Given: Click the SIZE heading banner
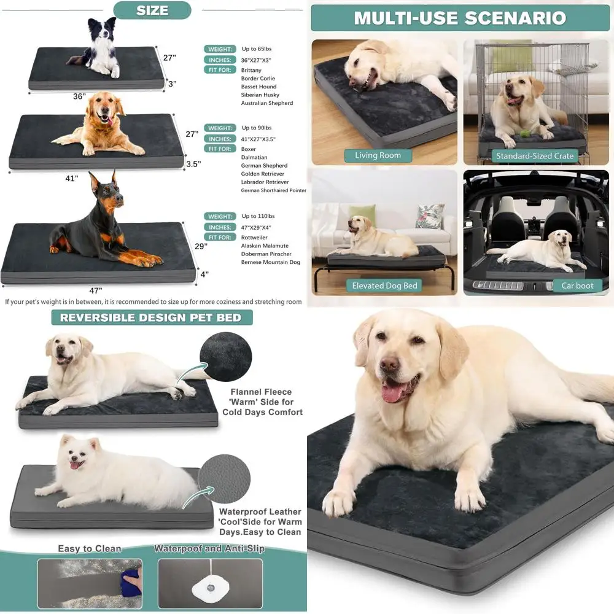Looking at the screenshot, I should click(x=152, y=10).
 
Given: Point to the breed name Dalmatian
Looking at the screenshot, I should click(x=255, y=157).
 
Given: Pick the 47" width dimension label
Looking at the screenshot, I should click(x=95, y=290).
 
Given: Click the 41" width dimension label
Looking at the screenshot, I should click(x=72, y=179).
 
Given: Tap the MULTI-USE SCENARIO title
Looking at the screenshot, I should click(x=460, y=17).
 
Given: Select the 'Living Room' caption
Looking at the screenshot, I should click(x=378, y=155).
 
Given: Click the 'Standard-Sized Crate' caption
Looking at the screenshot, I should click(x=535, y=156).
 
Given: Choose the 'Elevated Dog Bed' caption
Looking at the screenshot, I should click(x=384, y=286).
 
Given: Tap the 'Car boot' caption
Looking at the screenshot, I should click(x=577, y=286).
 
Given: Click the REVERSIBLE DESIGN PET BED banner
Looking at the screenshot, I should click(x=155, y=317).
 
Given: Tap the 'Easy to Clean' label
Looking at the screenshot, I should click(x=90, y=548).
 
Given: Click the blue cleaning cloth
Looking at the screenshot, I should click(x=131, y=581).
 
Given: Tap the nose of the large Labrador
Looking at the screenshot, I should click(x=390, y=365).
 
